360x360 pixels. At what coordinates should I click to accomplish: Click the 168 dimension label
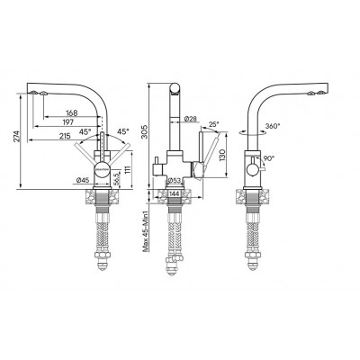[x=71, y=113]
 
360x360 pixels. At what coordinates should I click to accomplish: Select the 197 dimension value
[x=68, y=121]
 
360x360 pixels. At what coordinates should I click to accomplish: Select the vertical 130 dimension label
[x=221, y=155]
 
